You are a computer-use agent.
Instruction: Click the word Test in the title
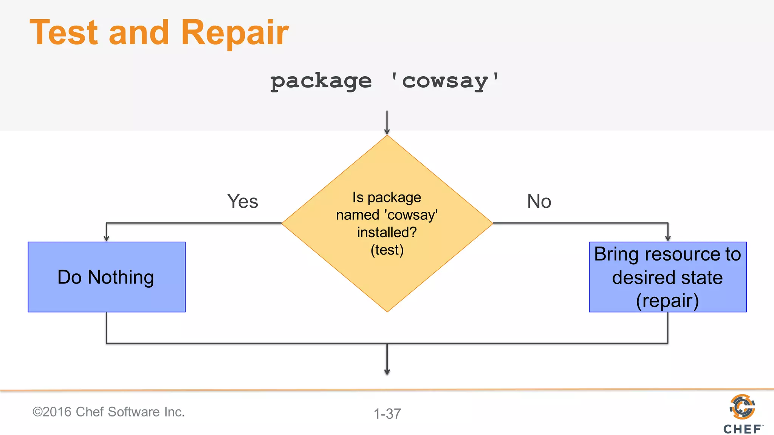click(63, 32)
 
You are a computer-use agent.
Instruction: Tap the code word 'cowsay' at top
click(444, 81)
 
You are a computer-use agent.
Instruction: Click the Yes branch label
click(242, 201)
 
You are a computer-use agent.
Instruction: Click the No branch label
click(539, 201)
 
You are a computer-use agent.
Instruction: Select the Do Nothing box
click(107, 277)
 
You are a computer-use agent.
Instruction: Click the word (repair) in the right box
click(667, 301)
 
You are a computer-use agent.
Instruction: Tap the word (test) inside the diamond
click(387, 250)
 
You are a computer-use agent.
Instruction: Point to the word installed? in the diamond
click(387, 232)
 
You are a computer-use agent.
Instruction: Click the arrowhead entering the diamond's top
click(387, 131)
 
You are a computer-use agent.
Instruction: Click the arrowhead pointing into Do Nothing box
click(107, 238)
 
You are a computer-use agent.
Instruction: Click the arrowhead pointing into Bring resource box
click(668, 238)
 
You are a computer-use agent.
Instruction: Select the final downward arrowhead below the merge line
click(387, 372)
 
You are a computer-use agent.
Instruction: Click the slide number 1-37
click(387, 414)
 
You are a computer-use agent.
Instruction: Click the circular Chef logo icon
click(742, 407)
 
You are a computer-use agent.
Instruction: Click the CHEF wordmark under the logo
click(742, 429)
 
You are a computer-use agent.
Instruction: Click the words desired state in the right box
click(667, 278)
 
